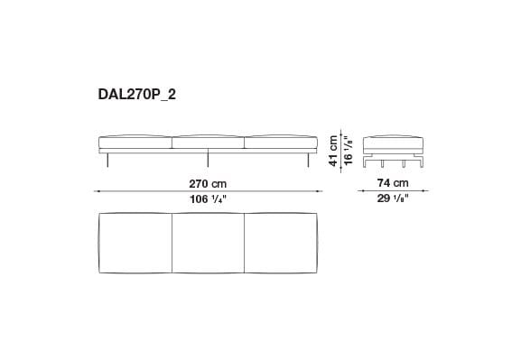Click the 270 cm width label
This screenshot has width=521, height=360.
(208, 182)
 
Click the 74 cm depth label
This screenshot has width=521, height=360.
(392, 182)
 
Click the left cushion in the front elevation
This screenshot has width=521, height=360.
(135, 143)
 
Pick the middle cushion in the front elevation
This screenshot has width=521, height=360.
(208, 143)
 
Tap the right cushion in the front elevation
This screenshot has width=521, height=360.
(281, 143)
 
